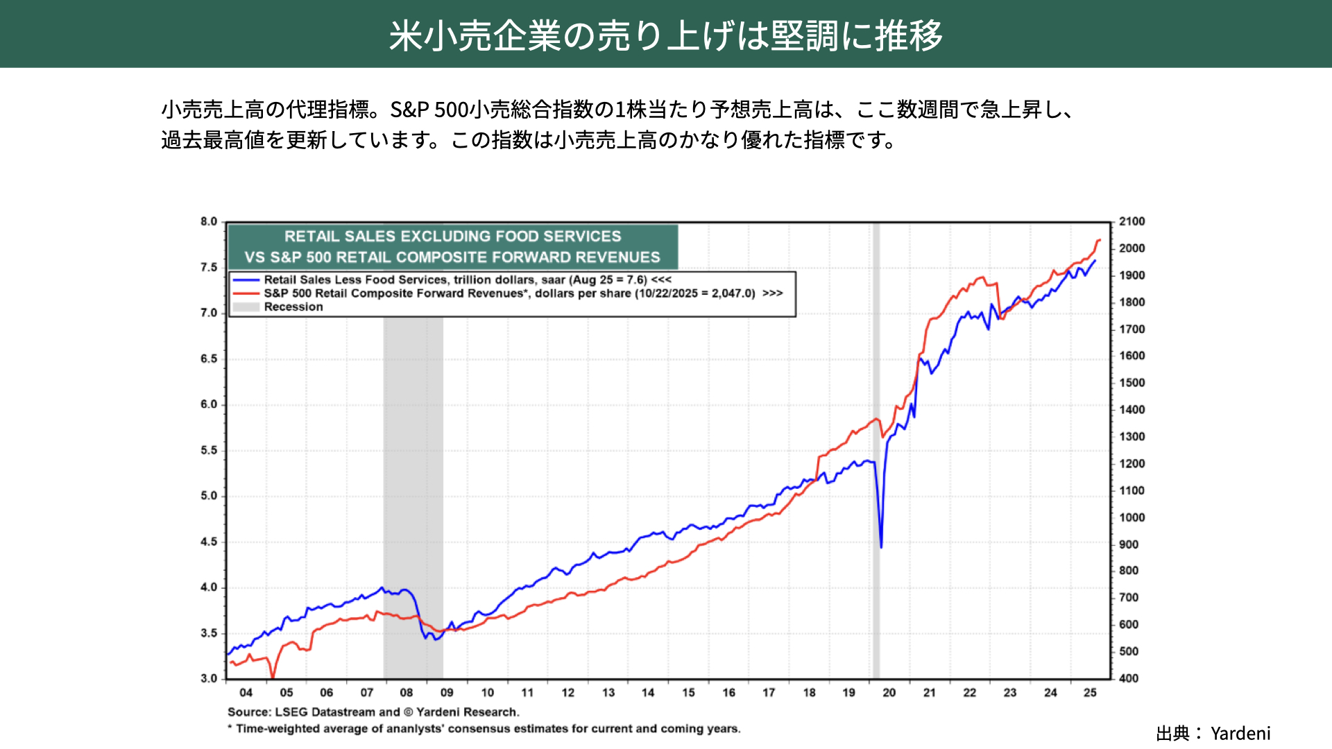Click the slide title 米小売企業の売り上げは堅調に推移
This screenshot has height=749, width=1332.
pos(665,35)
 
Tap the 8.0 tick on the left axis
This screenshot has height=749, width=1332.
pos(209,222)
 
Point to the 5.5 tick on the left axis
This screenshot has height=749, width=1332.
pos(209,450)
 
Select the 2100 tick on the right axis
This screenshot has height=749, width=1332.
pos(1132,222)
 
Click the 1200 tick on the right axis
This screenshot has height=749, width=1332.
pos(1132,464)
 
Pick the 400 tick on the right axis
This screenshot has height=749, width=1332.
pos(1129,678)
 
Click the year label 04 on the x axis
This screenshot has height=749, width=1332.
pos(246,693)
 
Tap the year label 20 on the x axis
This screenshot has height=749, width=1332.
pos(889,693)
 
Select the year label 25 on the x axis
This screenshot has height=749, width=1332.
pos(1090,693)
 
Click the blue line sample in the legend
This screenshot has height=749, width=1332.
pos(246,280)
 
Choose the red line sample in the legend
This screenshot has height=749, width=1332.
pos(246,293)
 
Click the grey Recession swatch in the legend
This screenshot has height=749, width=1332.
pos(246,307)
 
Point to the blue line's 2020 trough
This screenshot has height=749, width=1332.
pos(881,547)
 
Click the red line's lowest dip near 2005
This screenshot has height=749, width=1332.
pos(273,676)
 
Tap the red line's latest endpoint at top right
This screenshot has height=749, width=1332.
pos(1100,240)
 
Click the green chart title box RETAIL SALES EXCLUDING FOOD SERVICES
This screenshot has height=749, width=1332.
pos(452,247)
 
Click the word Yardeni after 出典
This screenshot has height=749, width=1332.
pos(1240,734)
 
